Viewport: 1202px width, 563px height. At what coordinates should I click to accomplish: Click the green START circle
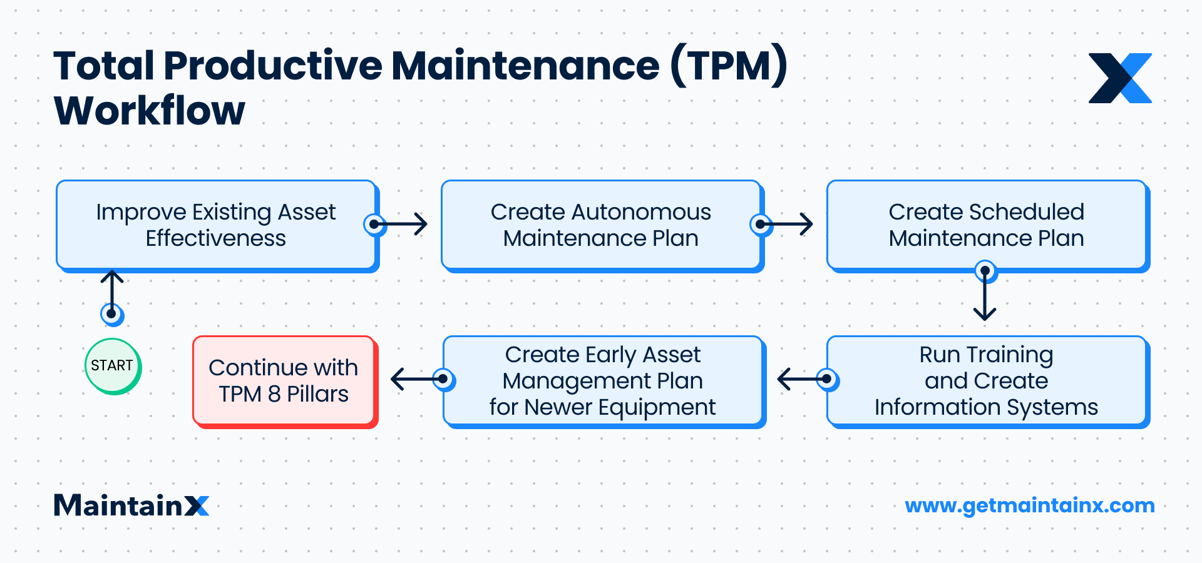[113, 366]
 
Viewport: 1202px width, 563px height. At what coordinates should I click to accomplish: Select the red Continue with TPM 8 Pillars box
[284, 381]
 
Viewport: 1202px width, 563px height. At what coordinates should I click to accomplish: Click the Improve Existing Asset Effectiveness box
[216, 225]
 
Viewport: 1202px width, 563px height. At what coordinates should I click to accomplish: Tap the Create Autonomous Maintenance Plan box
[601, 225]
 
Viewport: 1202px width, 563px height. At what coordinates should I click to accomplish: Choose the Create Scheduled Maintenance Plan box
[987, 225]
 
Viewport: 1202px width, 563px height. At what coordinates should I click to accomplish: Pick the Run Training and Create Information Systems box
[987, 381]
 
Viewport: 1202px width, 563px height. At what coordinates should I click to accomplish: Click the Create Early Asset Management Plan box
[603, 381]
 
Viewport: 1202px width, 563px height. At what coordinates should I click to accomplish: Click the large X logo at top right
[1120, 78]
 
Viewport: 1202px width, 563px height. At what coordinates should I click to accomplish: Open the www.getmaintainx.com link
[1030, 505]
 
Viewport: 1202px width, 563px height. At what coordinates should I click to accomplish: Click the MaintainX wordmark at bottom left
[131, 505]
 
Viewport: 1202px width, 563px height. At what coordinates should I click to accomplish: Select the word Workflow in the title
[150, 111]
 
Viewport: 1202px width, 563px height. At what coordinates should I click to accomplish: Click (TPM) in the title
[728, 65]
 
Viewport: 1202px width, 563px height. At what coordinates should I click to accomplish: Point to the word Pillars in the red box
[317, 394]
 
